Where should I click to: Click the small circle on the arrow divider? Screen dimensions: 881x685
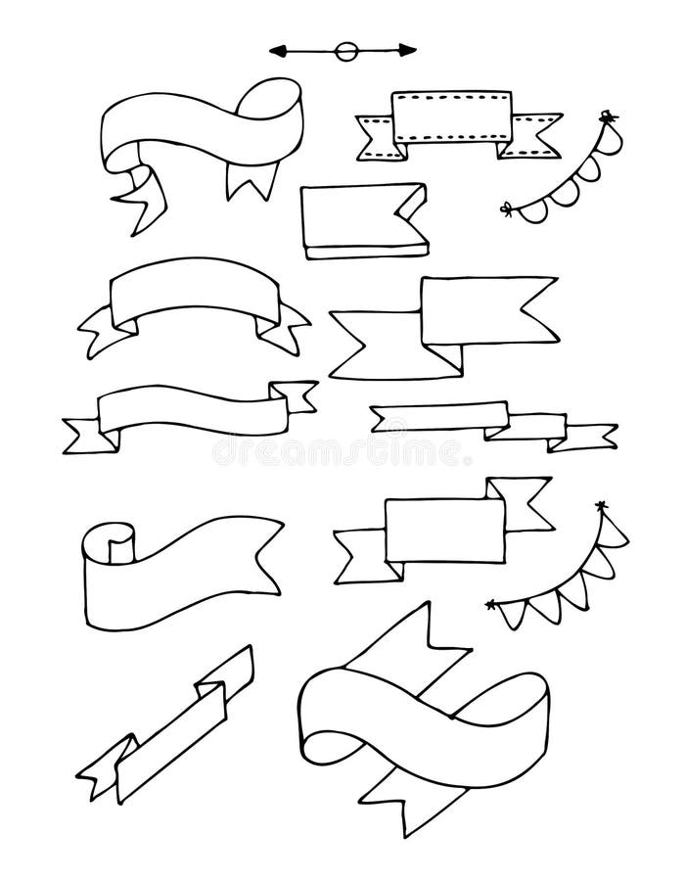coord(343,50)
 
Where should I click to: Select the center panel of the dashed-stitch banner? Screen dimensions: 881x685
coord(451,118)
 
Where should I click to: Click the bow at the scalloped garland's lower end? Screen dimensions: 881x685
coord(507,208)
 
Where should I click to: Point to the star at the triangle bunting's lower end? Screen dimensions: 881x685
coord(490,605)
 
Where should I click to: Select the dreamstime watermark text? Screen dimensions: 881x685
coord(338,451)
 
